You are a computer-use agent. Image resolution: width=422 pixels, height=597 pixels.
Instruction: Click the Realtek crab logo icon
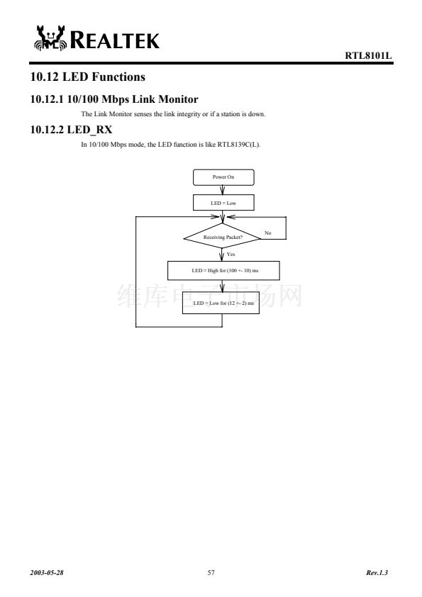[50, 38]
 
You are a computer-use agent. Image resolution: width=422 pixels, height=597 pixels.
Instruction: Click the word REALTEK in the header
[115, 40]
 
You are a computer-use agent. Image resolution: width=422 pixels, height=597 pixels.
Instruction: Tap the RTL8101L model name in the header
[368, 55]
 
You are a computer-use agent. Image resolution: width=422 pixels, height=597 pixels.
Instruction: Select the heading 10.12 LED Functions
[88, 77]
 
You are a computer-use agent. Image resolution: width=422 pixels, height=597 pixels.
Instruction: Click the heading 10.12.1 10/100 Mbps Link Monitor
[114, 99]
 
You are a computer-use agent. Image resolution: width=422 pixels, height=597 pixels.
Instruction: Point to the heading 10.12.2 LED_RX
[71, 130]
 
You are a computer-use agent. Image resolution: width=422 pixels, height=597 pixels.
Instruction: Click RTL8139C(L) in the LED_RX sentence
[239, 145]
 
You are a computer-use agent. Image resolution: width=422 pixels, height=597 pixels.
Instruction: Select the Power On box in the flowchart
[223, 177]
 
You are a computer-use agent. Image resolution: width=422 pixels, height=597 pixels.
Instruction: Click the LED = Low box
[223, 203]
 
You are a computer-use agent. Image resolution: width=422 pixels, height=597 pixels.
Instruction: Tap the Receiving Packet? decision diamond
[223, 238]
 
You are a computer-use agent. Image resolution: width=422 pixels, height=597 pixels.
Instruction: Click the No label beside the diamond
[268, 233]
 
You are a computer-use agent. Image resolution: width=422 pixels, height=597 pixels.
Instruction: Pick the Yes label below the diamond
[231, 255]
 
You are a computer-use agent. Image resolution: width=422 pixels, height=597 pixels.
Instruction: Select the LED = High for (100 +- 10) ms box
[223, 270]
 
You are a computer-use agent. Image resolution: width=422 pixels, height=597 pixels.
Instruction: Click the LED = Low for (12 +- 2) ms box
[221, 303]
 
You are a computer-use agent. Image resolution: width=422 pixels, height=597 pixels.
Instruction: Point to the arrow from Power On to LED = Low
[223, 190]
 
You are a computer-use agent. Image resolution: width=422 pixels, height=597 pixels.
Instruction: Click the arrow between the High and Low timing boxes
[223, 286]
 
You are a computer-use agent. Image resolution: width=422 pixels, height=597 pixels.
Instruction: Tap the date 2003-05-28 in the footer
[47, 573]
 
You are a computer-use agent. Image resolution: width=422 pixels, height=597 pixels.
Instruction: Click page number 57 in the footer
[211, 573]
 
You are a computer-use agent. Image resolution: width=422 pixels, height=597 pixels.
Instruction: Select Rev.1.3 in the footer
[377, 573]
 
